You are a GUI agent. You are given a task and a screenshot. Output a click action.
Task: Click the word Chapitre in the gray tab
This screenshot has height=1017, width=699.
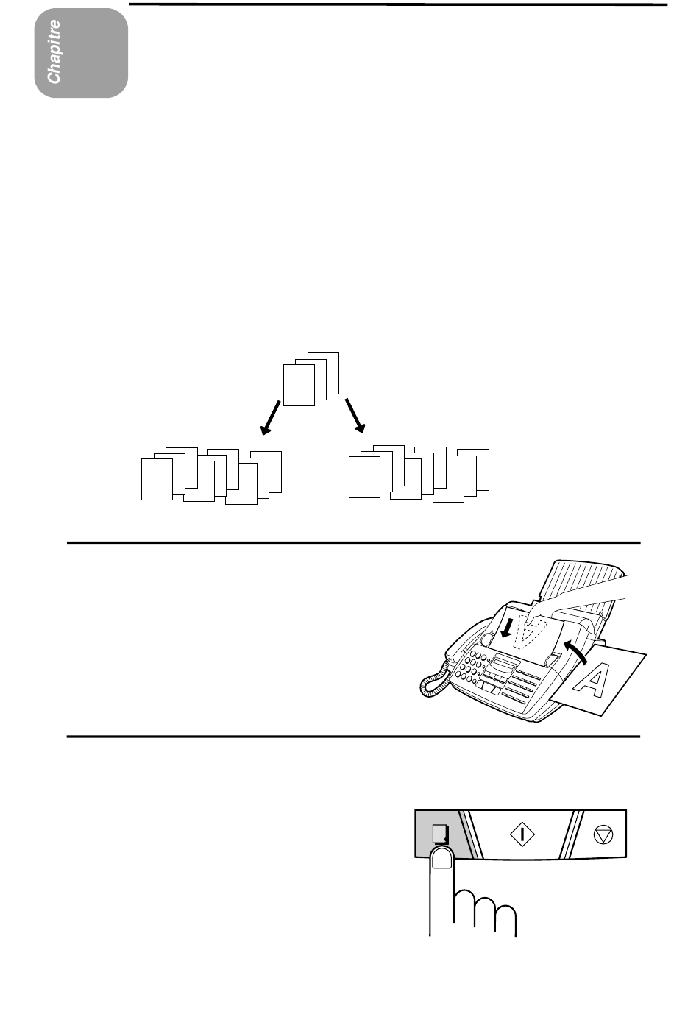tap(54, 52)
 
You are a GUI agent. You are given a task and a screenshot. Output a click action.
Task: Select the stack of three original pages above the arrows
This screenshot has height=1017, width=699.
tap(311, 379)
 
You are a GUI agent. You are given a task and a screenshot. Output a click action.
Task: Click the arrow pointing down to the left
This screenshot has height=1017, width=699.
tap(271, 418)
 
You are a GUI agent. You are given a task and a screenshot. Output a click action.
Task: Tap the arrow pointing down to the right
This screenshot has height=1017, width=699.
tap(355, 416)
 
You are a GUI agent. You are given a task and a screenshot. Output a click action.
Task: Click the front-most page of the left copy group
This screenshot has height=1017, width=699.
tap(157, 480)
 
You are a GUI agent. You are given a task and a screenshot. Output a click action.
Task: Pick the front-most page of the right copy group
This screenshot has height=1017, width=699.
tap(364, 477)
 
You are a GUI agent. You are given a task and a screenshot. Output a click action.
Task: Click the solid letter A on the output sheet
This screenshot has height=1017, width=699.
tap(592, 681)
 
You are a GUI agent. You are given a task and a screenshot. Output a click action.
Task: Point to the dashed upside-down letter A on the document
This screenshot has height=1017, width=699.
tap(528, 632)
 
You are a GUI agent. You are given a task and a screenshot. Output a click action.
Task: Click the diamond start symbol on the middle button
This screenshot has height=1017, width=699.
tap(522, 834)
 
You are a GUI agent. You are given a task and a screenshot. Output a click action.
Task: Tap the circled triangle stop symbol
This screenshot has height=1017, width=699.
tap(603, 834)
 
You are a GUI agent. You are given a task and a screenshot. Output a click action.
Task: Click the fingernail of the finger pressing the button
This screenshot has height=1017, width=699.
tap(441, 858)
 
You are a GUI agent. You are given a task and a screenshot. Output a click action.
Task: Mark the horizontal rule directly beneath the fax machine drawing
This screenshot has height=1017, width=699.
tap(353, 737)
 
